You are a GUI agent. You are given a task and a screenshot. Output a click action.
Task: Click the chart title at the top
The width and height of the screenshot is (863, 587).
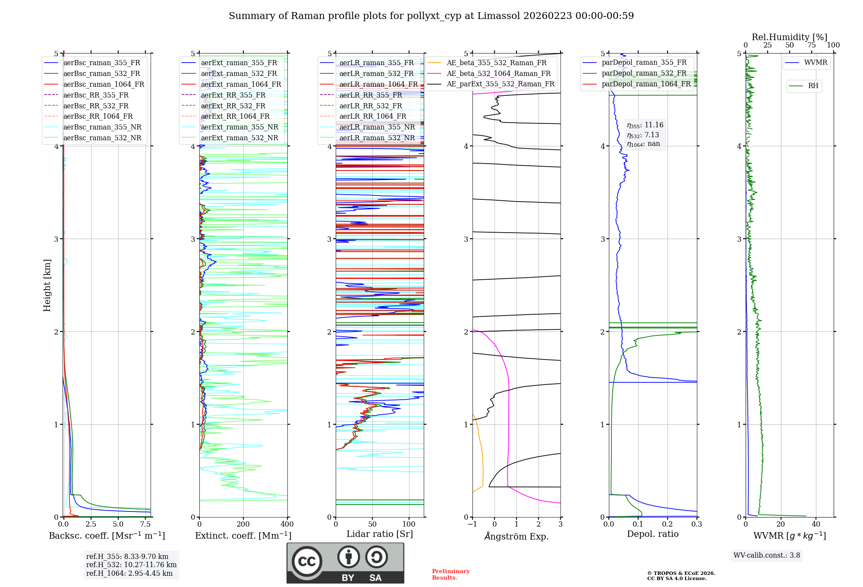point(431,16)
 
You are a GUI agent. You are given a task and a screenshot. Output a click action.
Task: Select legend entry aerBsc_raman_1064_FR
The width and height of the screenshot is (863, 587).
point(104,84)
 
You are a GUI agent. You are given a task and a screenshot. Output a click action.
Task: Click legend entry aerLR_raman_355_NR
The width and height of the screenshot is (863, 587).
point(377,127)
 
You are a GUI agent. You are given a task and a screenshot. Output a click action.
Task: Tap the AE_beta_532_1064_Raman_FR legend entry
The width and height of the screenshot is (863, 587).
point(498,73)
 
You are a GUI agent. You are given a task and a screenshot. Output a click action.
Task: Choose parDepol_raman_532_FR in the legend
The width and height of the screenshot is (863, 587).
point(644,73)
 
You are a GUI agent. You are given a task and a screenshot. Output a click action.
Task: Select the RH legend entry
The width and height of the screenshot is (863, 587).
point(813,86)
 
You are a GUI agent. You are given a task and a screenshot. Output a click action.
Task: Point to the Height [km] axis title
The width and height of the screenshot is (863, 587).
point(47,285)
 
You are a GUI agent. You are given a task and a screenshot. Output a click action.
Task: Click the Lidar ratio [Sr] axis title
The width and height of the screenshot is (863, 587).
point(380,534)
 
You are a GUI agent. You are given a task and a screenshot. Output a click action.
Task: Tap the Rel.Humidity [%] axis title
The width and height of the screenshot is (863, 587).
point(789,37)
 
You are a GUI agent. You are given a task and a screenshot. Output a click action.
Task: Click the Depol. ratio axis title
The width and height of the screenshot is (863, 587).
point(652,534)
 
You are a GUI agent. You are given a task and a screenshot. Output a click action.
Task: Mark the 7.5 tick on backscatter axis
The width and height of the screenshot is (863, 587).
point(145,524)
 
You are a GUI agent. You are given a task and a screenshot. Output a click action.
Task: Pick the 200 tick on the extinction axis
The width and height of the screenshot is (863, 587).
point(243,524)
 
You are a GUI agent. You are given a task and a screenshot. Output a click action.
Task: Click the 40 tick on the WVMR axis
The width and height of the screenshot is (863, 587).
point(816,524)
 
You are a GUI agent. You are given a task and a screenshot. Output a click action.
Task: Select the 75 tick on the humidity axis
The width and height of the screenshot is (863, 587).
point(811,45)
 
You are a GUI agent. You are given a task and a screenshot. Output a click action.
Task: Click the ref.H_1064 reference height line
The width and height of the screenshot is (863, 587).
point(129,574)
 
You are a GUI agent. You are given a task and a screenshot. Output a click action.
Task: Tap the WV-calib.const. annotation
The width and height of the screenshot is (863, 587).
point(767,555)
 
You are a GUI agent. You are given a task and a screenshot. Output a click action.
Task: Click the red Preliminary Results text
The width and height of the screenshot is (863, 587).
point(450,574)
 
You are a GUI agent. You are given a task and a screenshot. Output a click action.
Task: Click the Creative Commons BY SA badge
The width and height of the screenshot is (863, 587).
point(345,563)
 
